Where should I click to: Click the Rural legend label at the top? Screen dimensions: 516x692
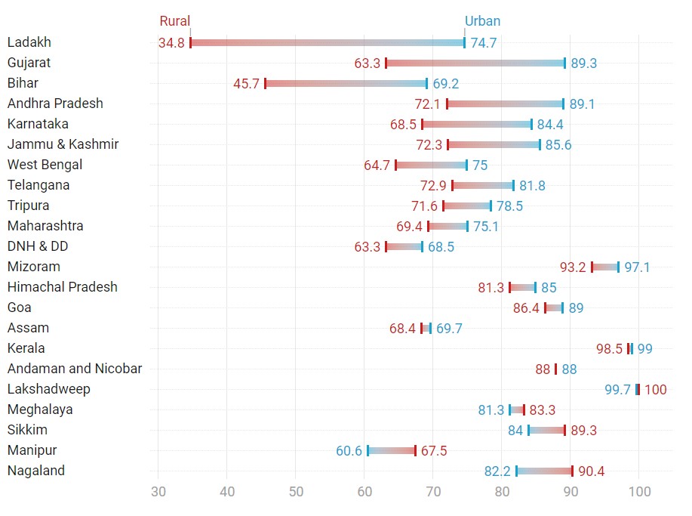pyautogui.click(x=175, y=21)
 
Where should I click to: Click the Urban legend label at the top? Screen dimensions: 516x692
pyautogui.click(x=482, y=21)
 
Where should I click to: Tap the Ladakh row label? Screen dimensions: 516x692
pyautogui.click(x=29, y=42)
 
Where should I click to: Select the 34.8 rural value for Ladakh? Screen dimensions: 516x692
pyautogui.click(x=171, y=43)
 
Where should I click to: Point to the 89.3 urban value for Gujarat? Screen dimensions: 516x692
pyautogui.click(x=583, y=63)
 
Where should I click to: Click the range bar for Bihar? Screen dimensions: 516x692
pyautogui.click(x=346, y=83)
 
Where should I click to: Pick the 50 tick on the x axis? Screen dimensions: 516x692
pyautogui.click(x=296, y=493)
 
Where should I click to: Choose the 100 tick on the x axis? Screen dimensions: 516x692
pyautogui.click(x=639, y=493)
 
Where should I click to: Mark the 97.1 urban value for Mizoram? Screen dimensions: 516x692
pyautogui.click(x=638, y=267)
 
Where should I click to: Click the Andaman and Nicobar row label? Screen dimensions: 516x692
pyautogui.click(x=75, y=369)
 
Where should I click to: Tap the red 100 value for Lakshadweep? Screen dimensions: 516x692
pyautogui.click(x=655, y=390)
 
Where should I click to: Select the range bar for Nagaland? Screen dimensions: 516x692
pyautogui.click(x=544, y=471)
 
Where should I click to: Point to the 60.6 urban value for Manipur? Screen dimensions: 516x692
pyautogui.click(x=349, y=451)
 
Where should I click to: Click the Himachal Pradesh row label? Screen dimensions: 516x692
pyautogui.click(x=63, y=287)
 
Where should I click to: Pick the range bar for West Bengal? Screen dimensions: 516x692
pyautogui.click(x=431, y=165)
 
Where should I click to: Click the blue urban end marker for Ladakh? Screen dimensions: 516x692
pyautogui.click(x=464, y=43)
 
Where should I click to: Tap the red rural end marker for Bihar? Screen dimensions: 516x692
pyautogui.click(x=266, y=83)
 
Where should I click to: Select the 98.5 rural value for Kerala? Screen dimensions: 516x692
pyautogui.click(x=609, y=349)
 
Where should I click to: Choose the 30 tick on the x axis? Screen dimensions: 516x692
pyautogui.click(x=158, y=493)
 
